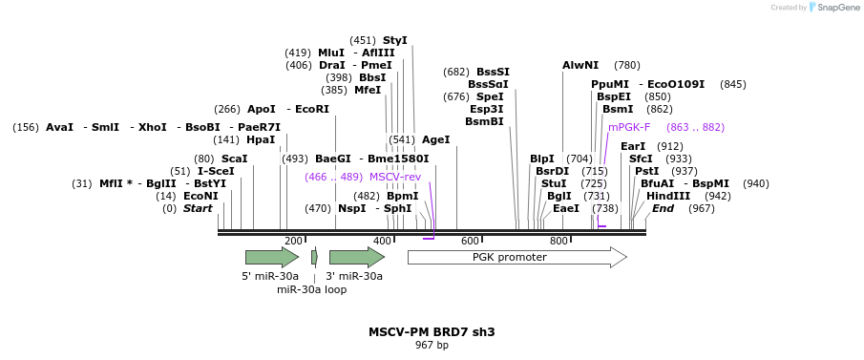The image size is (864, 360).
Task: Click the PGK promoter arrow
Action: (516, 257)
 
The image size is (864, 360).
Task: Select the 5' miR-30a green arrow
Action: (271, 257)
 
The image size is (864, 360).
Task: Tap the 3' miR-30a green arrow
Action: (356, 257)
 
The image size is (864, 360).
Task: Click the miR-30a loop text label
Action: (311, 289)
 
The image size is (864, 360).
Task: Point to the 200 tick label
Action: (293, 242)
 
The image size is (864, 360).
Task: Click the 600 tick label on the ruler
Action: (471, 242)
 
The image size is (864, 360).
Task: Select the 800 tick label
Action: (559, 242)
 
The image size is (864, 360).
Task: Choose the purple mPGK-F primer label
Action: (629, 127)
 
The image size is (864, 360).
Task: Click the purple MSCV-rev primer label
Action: (395, 177)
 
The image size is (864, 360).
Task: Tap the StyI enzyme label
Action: (394, 40)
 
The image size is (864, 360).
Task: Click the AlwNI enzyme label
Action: (580, 65)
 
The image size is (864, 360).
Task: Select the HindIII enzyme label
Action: (668, 196)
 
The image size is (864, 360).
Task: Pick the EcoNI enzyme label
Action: (200, 196)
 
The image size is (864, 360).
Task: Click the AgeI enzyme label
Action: (435, 139)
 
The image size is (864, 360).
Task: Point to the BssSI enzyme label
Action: (493, 72)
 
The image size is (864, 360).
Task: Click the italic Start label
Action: (198, 208)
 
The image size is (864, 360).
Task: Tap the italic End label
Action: (663, 208)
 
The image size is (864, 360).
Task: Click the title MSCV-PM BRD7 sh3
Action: (432, 332)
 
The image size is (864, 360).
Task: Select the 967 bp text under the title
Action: (432, 345)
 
